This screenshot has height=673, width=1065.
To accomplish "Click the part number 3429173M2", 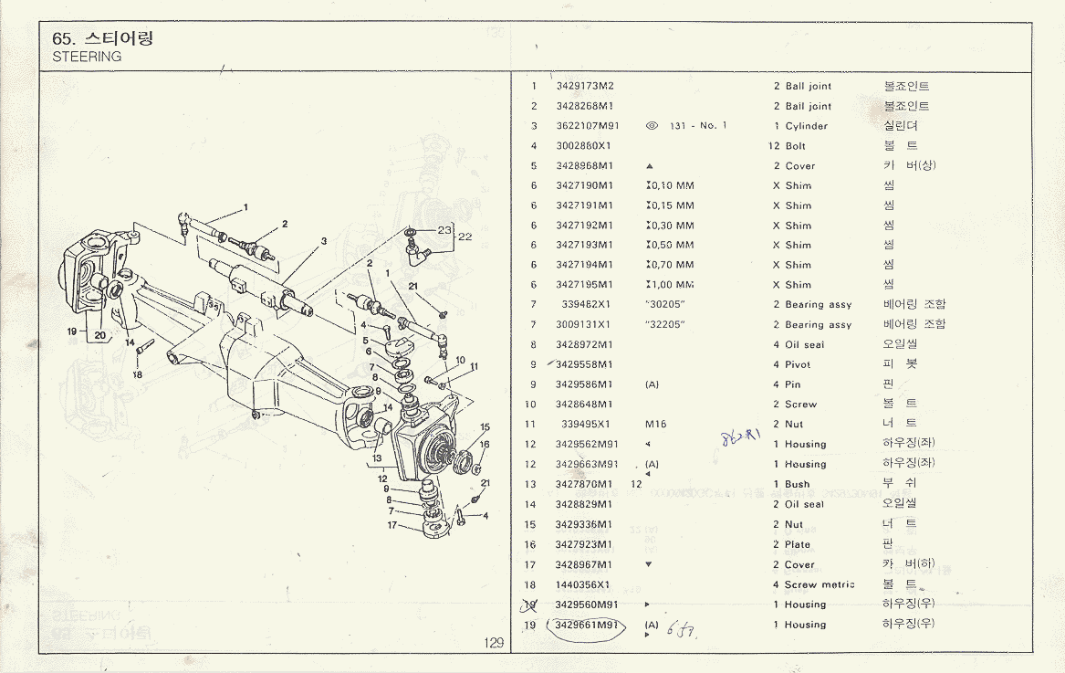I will pyautogui.click(x=585, y=86).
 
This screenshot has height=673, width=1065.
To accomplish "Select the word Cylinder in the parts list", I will pyautogui.click(x=807, y=126).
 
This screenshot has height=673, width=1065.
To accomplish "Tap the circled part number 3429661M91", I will pyautogui.click(x=587, y=625).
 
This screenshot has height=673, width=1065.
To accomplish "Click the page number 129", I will pyautogui.click(x=494, y=643).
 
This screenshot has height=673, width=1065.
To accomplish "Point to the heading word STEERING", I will pyautogui.click(x=88, y=57).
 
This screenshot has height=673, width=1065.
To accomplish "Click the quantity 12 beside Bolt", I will pyautogui.click(x=774, y=146).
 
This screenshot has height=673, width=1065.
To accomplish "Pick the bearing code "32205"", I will pyautogui.click(x=664, y=324).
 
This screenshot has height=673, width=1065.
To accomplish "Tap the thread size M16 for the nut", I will pyautogui.click(x=655, y=424).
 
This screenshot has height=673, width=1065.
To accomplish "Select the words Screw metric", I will pyautogui.click(x=820, y=584).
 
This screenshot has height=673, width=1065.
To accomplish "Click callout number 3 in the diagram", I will pyautogui.click(x=323, y=241).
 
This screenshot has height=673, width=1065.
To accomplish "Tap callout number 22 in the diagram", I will pyautogui.click(x=465, y=237).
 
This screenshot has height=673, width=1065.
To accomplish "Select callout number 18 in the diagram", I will pyautogui.click(x=137, y=374).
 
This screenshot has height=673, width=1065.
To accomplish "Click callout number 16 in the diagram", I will pyautogui.click(x=485, y=445).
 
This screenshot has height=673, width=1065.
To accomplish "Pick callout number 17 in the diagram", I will pyautogui.click(x=392, y=525).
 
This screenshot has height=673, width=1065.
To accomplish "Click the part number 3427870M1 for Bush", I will pyautogui.click(x=584, y=484).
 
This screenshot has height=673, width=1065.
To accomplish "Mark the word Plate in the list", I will pyautogui.click(x=798, y=544).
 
